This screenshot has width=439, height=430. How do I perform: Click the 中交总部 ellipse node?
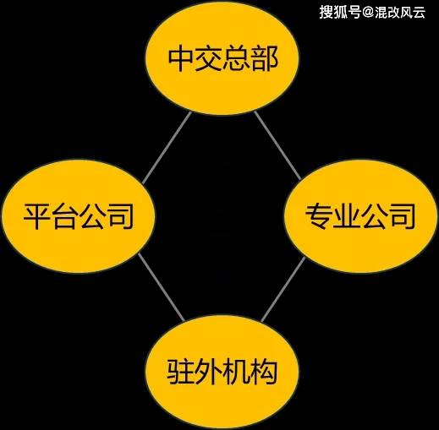click(x=222, y=58)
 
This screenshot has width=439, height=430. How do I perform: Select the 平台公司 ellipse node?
click(x=79, y=216)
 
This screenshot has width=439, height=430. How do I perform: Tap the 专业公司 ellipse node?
click(x=361, y=216)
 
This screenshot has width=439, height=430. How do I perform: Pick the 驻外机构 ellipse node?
click(x=222, y=372)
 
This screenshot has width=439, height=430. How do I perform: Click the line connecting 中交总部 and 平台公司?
click(x=167, y=148)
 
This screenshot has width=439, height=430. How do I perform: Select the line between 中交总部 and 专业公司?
click(x=277, y=145)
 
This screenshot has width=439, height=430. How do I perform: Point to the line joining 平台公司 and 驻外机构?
click(x=162, y=287)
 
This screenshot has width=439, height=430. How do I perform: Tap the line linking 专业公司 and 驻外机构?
click(x=283, y=289)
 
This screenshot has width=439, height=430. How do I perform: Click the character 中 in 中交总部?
click(x=180, y=58)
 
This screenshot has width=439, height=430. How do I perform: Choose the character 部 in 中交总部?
click(x=265, y=58)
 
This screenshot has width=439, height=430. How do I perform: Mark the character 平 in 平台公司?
click(x=36, y=216)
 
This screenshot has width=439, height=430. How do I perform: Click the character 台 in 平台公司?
click(x=64, y=216)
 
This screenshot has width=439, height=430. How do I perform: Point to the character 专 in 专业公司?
click(x=319, y=216)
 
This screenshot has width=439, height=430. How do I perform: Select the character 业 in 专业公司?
click(x=347, y=216)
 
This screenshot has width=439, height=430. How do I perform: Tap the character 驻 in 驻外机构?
click(x=180, y=372)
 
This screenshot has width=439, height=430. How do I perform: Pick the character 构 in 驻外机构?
click(x=264, y=372)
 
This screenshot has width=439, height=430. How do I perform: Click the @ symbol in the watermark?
click(x=368, y=13)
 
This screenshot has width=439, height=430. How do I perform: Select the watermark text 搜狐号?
click(x=340, y=13)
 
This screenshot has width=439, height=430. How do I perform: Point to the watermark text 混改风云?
click(x=400, y=13)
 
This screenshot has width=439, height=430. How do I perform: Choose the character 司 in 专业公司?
click(x=403, y=216)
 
